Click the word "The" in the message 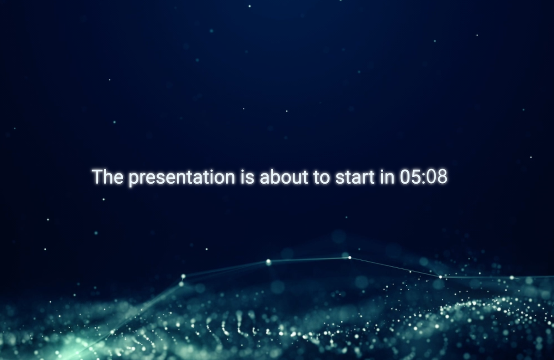click(108, 176)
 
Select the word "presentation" click(182, 178)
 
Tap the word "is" click(247, 176)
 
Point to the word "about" click(284, 176)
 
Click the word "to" click(321, 177)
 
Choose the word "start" click(355, 177)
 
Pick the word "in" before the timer click(387, 176)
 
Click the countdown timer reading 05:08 click(424, 176)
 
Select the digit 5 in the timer click(416, 177)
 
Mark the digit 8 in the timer click(442, 177)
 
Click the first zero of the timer click(405, 177)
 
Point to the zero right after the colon click(431, 177)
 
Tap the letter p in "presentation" click(133, 180)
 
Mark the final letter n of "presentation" click(230, 179)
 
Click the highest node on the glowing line click(349, 258)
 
